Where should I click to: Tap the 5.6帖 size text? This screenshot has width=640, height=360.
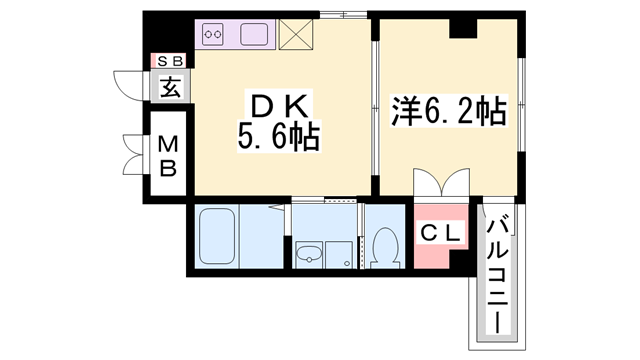278,137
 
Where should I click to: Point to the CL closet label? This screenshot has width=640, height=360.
440,234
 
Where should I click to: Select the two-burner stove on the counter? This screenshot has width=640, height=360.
212,36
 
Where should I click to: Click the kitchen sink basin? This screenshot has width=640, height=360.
254,36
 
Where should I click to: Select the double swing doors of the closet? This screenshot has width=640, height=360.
440,186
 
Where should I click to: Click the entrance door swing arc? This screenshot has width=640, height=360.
128,86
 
